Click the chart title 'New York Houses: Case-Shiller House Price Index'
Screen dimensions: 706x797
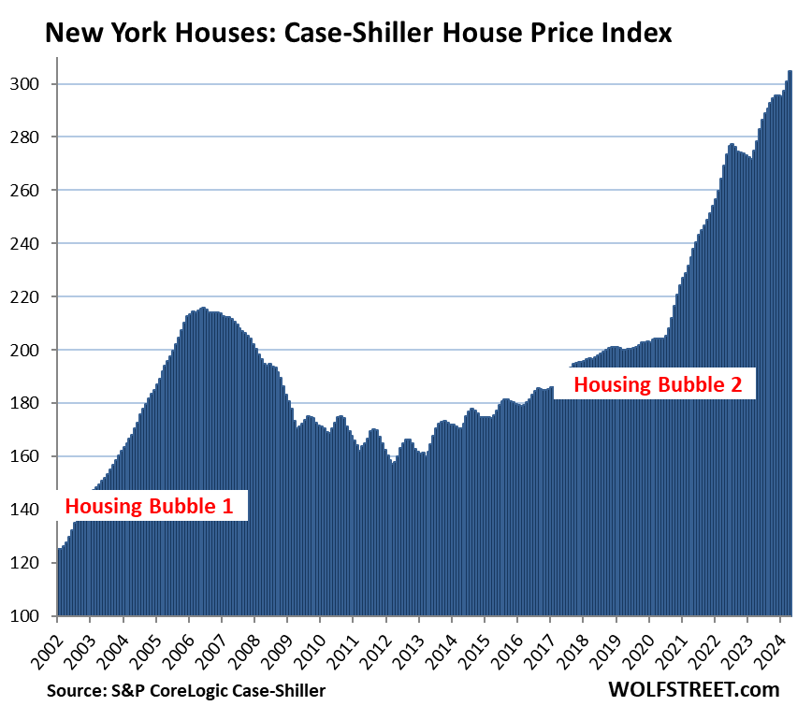358,35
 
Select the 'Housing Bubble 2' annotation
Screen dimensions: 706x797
663,383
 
